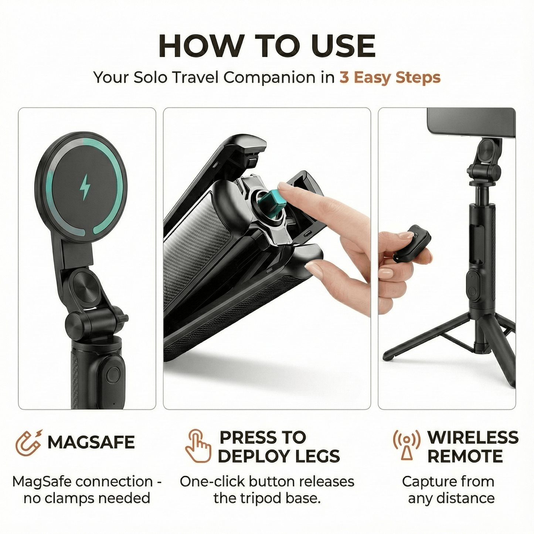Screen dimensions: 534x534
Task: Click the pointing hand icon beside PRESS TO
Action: point(198,446)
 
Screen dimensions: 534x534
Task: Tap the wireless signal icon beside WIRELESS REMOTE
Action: point(407,445)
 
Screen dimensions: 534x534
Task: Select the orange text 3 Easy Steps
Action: point(390,78)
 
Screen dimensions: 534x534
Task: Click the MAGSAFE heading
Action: point(91,442)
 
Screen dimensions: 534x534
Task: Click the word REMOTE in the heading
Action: point(465,456)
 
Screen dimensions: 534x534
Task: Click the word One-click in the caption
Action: point(212,482)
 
